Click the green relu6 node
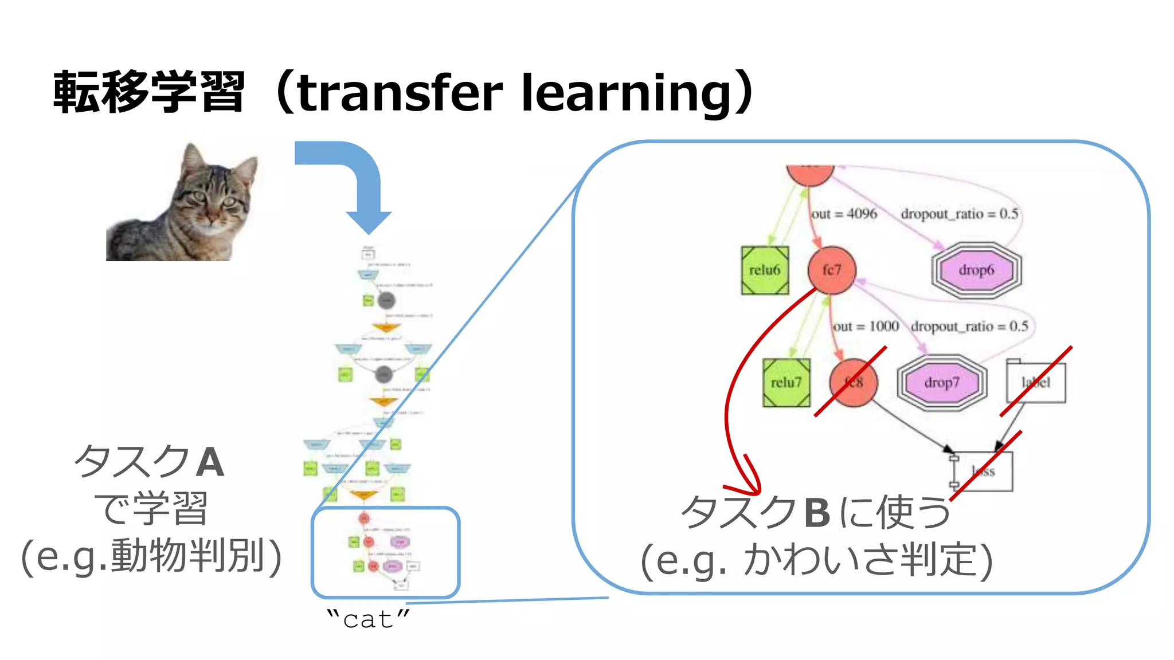point(765,270)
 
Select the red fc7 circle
point(831,270)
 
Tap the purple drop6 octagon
point(976,270)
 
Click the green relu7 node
point(786,383)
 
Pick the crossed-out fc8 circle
point(854,383)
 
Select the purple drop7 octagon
point(942,383)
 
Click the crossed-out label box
point(1036,383)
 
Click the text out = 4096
point(844,214)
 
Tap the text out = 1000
point(866,327)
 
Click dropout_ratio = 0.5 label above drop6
point(960,214)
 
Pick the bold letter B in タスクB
point(817,513)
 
